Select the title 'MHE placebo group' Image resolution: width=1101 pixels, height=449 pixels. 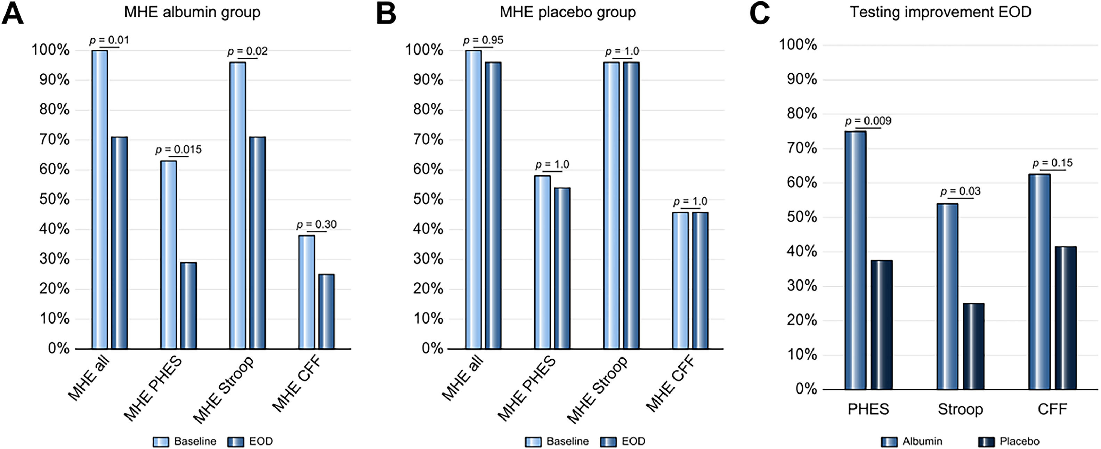coord(568,12)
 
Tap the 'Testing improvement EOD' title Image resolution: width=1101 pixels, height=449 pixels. coord(940,11)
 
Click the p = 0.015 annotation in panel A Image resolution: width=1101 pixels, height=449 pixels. coord(178,149)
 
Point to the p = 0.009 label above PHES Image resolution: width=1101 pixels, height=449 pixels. coord(868,121)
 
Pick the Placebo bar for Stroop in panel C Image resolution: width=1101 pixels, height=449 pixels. coord(974,346)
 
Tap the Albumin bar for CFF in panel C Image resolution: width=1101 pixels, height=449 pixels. coord(1039,282)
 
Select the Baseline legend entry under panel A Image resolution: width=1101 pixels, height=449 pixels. coord(185,441)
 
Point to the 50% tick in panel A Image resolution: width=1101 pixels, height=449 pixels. coord(54,199)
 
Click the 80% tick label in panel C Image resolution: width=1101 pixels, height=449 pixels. coord(802,114)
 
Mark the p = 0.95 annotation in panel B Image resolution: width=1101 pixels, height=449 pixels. coord(483,40)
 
